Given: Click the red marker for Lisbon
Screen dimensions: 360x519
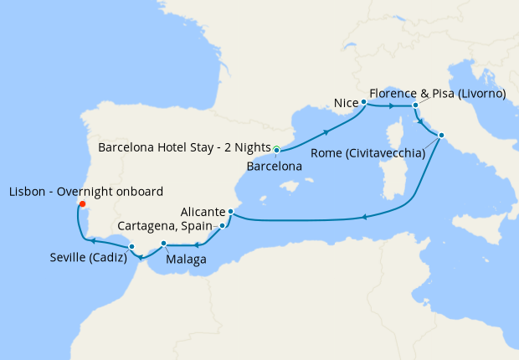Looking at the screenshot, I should [x=81, y=203].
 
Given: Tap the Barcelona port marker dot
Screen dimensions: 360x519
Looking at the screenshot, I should [x=276, y=150].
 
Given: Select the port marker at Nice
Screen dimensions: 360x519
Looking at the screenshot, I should [x=364, y=102].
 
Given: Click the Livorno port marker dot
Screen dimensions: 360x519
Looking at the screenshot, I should [x=415, y=105].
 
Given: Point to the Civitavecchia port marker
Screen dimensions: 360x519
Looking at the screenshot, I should [x=441, y=136].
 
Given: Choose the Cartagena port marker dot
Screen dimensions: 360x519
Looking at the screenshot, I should [x=222, y=226].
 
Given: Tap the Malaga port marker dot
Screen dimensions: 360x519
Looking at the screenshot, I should [x=164, y=244].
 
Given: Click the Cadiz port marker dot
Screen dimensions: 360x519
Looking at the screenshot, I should [x=131, y=246].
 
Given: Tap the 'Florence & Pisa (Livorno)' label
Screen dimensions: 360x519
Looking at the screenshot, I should [x=437, y=93].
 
